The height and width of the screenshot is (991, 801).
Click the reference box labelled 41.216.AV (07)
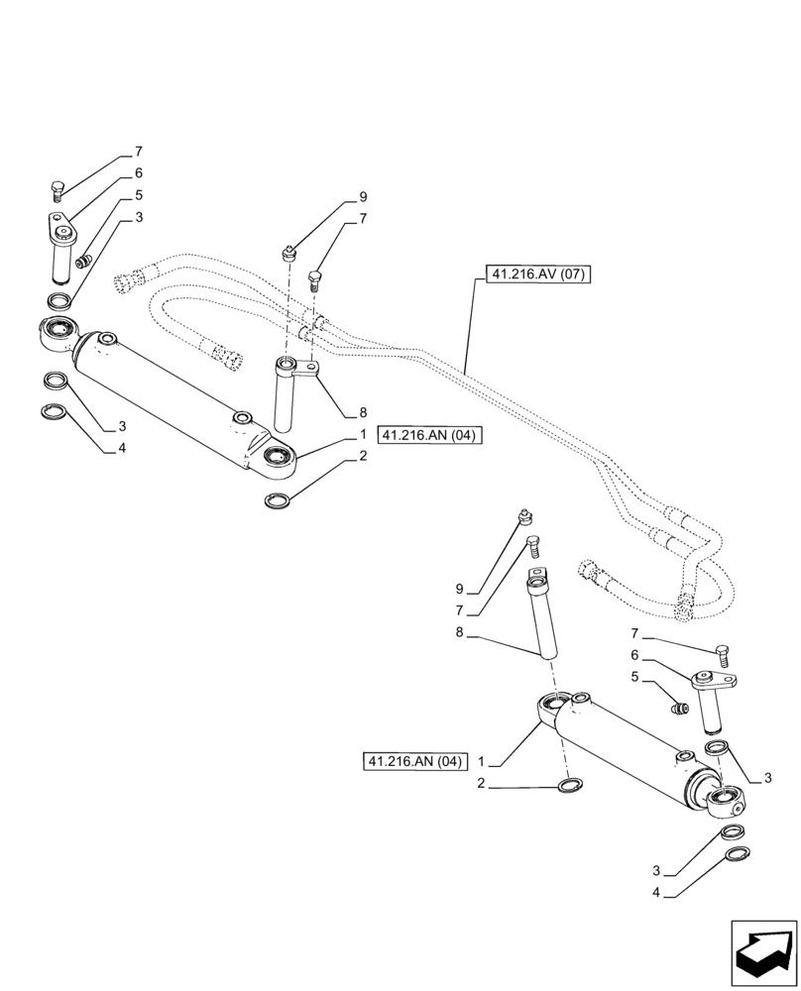pyautogui.click(x=537, y=275)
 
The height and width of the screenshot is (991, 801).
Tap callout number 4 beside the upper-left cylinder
pyautogui.click(x=123, y=448)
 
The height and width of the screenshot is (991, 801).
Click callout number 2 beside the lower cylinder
pyautogui.click(x=480, y=784)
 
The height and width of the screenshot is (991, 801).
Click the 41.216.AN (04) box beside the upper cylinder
pyautogui.click(x=428, y=436)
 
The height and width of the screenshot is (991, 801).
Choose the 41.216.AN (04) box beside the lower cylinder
pyautogui.click(x=413, y=762)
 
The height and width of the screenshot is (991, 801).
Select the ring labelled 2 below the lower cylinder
pyautogui.click(x=570, y=786)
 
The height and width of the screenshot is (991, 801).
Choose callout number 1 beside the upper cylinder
pyautogui.click(x=364, y=434)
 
